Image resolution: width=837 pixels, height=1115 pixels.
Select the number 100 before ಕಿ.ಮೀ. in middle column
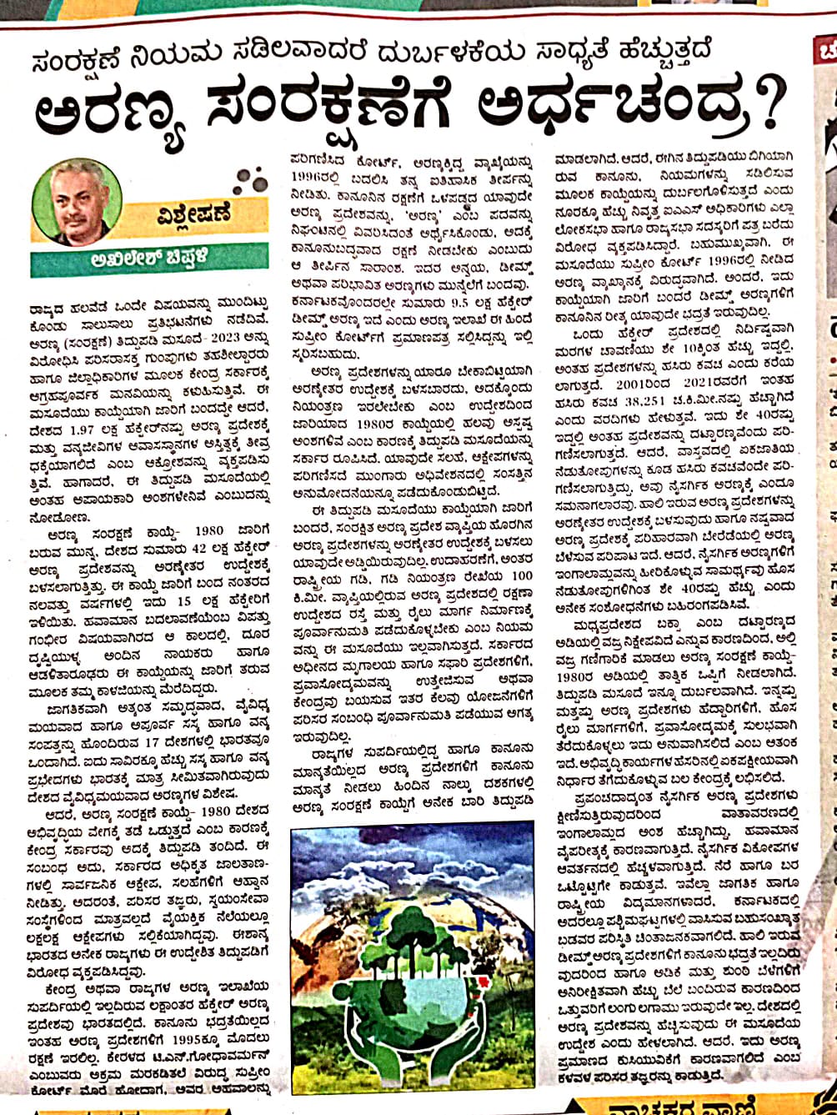click(519, 554)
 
